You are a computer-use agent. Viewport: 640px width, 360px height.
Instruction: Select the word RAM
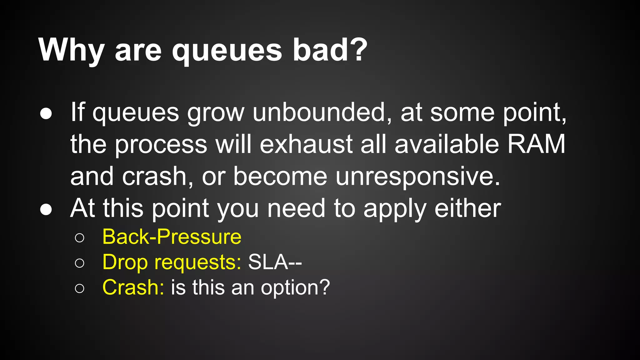point(536,144)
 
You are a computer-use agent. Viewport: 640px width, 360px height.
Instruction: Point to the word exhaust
point(306,145)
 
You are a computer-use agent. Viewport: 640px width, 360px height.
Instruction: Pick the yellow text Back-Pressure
point(172,237)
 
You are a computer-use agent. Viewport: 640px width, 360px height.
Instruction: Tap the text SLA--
point(275,262)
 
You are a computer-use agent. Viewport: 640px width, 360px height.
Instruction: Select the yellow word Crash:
point(133,287)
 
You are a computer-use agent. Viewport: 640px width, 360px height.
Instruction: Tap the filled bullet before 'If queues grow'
point(46,114)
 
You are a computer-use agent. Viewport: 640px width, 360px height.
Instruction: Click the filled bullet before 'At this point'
point(46,210)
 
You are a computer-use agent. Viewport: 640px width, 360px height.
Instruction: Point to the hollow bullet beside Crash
point(80,288)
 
